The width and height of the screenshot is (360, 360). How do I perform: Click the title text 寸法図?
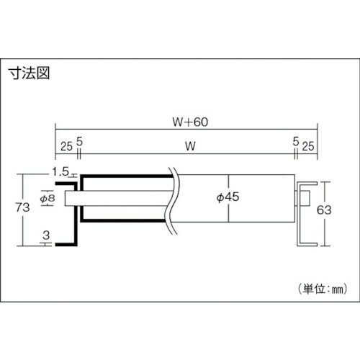29,73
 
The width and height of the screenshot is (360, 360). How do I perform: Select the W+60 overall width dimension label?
190,122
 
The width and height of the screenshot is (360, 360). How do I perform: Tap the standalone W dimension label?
190,146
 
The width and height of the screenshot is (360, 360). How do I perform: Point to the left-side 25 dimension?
66,146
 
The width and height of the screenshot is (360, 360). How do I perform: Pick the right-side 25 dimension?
308,146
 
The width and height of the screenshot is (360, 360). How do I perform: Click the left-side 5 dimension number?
79,141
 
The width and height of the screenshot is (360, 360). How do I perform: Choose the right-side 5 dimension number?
296,141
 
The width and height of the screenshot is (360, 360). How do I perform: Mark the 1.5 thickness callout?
60,172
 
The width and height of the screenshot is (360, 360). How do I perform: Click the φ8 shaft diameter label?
48,198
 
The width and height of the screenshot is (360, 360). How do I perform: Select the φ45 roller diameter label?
228,197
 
